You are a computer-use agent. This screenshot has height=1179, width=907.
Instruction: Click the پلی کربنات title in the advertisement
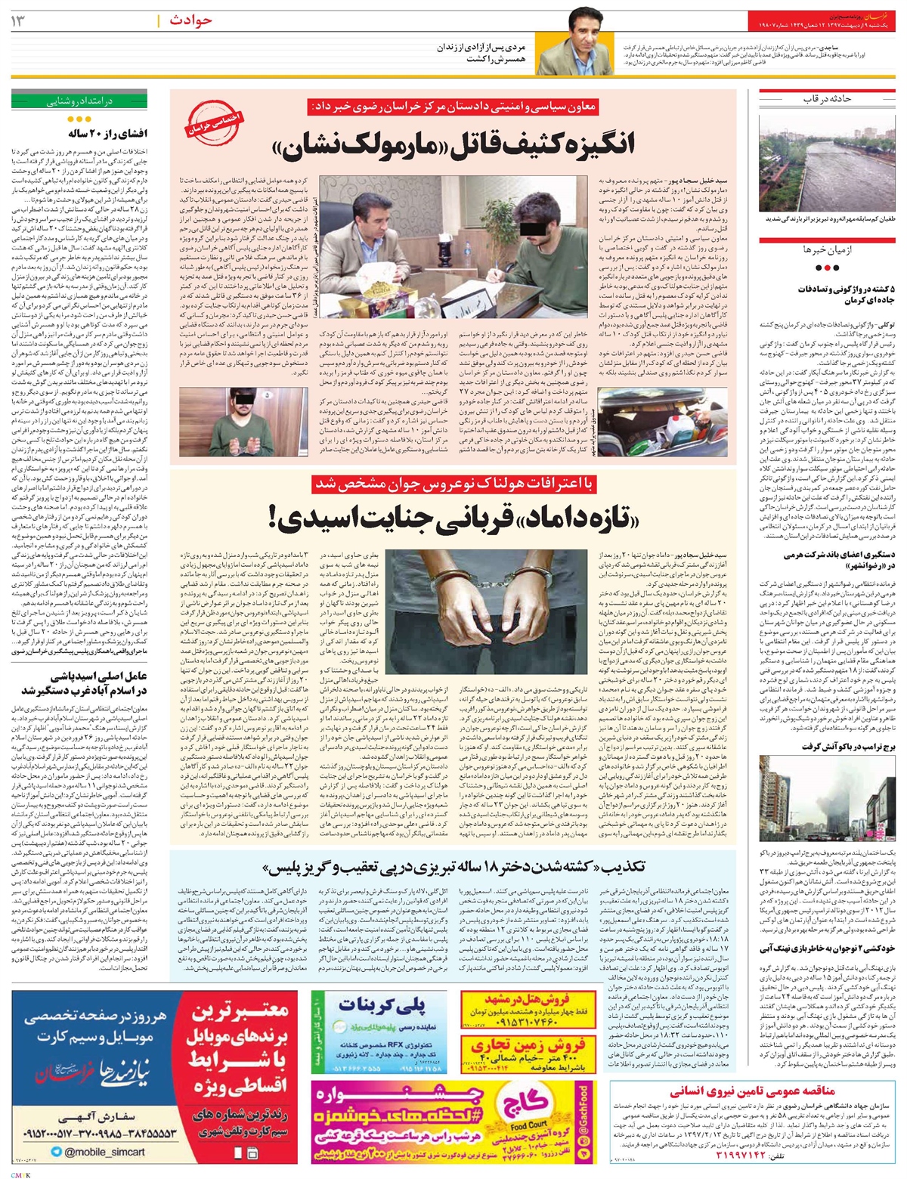point(382,1005)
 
